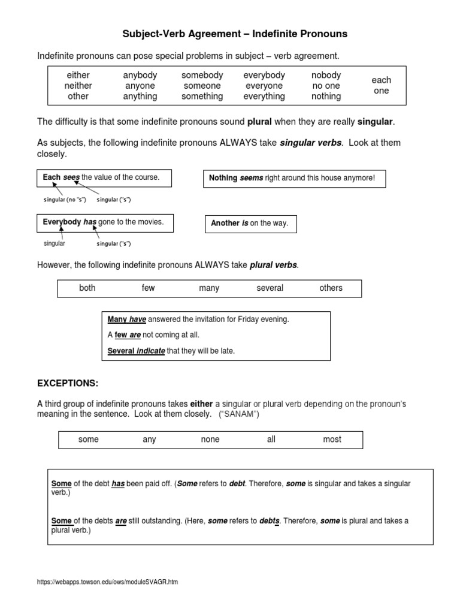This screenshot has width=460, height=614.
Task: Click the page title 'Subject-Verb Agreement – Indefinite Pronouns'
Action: tap(235, 34)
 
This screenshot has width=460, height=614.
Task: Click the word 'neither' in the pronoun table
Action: tap(78, 86)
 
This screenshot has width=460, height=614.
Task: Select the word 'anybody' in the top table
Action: tap(140, 75)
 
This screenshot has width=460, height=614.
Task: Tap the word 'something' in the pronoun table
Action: tap(202, 96)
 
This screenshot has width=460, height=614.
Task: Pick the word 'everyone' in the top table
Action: tap(264, 86)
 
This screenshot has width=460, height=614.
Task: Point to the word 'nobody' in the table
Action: tap(326, 75)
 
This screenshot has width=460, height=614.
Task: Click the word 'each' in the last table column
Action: tap(381, 80)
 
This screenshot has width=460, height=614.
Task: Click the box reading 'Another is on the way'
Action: tap(250, 223)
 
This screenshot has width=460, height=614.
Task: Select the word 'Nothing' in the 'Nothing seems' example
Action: tap(223, 178)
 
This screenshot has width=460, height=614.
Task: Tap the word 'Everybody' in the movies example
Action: tap(62, 222)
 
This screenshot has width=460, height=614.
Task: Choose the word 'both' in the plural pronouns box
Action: tap(87, 288)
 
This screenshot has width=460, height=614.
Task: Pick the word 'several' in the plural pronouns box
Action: tap(270, 288)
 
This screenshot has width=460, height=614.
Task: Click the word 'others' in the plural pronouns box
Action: tap(331, 288)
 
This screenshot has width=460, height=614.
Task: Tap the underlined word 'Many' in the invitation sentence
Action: tap(117, 320)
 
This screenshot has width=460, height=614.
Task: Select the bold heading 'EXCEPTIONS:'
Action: tap(68, 383)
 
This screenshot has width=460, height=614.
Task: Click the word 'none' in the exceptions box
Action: tap(210, 440)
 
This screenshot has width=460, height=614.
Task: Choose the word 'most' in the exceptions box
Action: tap(332, 440)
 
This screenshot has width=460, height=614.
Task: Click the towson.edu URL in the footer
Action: tap(107, 582)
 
